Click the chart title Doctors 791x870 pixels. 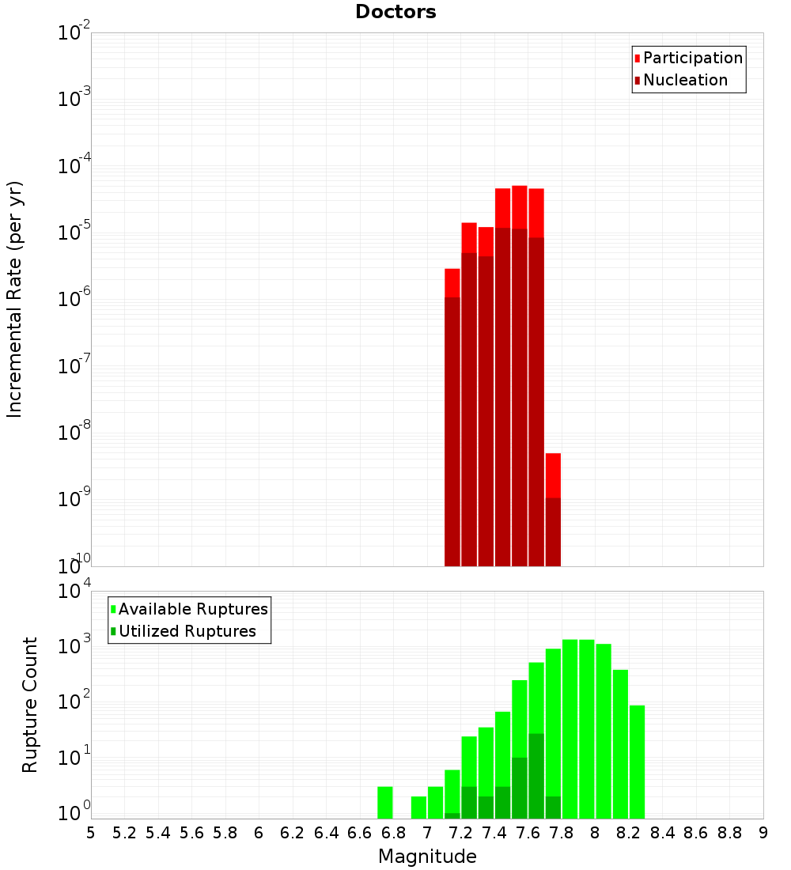point(395,12)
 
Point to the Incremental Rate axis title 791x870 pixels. point(15,299)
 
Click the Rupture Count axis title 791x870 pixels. point(30,705)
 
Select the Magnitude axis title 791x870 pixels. point(427,856)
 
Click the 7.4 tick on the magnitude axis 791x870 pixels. point(494,833)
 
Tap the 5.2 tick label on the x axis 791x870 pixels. point(124,833)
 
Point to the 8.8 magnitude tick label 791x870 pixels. point(729,833)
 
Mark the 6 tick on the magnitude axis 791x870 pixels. point(259,833)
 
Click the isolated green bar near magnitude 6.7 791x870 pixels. point(385,802)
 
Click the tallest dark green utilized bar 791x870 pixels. point(536,776)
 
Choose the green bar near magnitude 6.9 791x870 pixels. point(418,808)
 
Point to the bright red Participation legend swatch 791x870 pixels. point(637,59)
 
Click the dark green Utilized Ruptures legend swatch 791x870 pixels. point(113,631)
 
